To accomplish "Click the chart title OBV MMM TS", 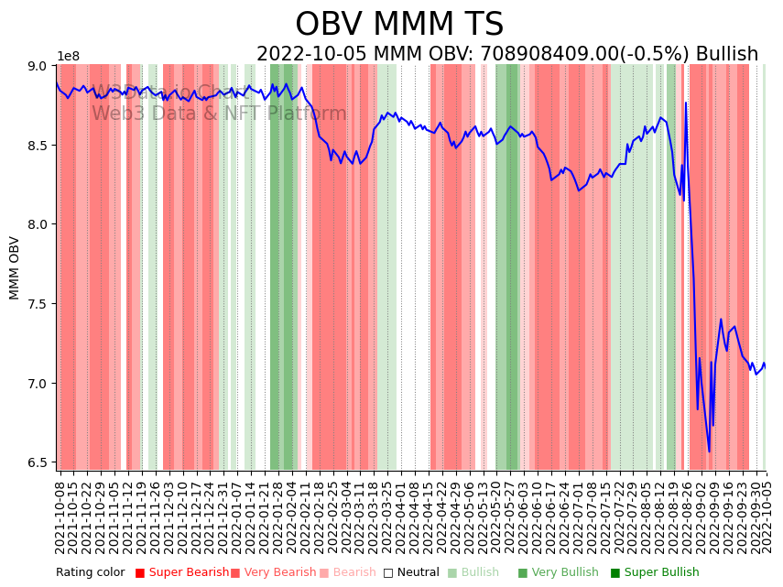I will pos(399,25).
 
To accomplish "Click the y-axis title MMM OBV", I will pos(15,267).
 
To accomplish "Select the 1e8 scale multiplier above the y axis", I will pos(69,56).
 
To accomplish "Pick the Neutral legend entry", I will pos(411,572).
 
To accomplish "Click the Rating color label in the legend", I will pos(90,572).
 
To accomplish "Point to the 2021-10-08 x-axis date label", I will pos(60,514).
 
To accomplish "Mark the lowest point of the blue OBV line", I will pos(709,451).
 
